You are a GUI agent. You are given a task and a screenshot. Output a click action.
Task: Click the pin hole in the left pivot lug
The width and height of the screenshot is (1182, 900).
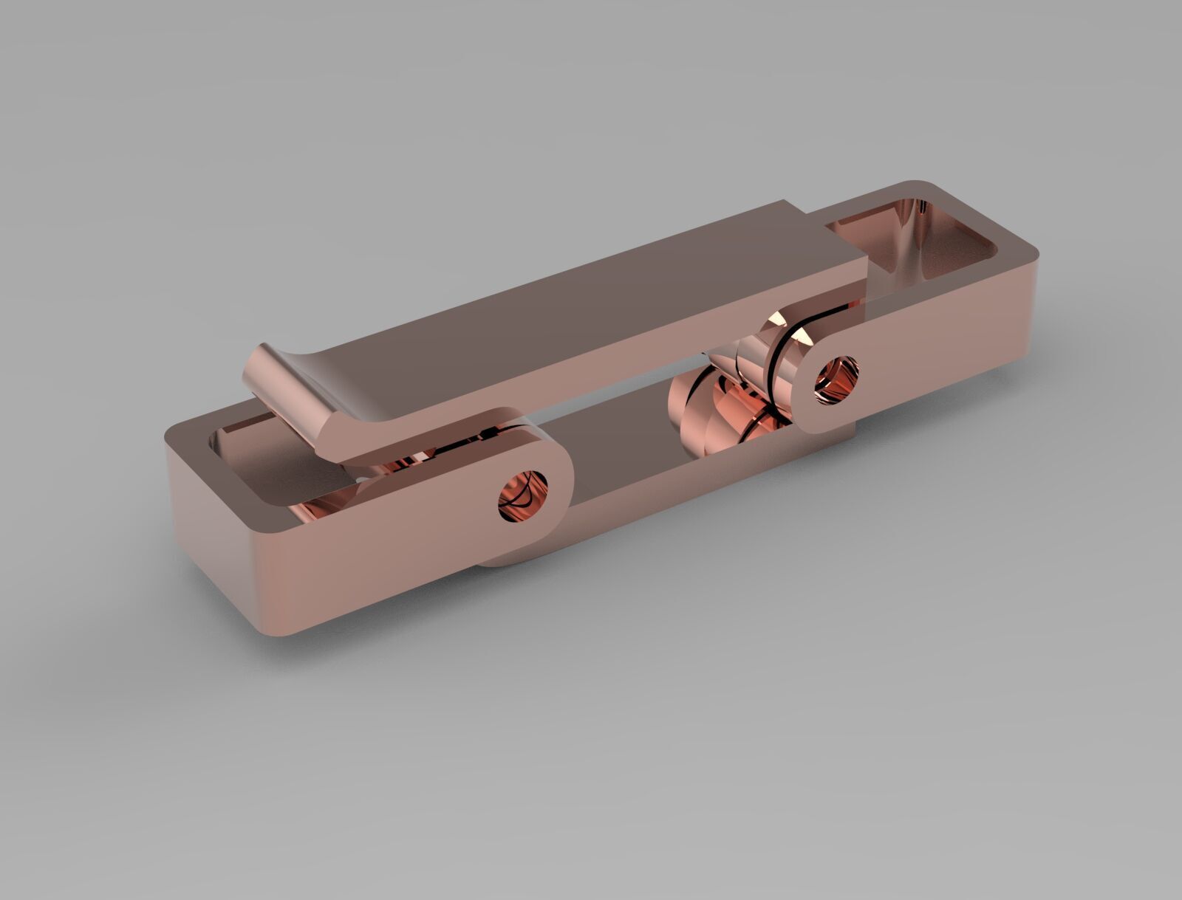click(x=523, y=495)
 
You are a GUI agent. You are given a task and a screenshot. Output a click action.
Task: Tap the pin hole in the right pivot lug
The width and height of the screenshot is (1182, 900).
click(x=838, y=378)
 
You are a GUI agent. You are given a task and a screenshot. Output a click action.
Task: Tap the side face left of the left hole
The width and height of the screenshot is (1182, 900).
click(x=369, y=546)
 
